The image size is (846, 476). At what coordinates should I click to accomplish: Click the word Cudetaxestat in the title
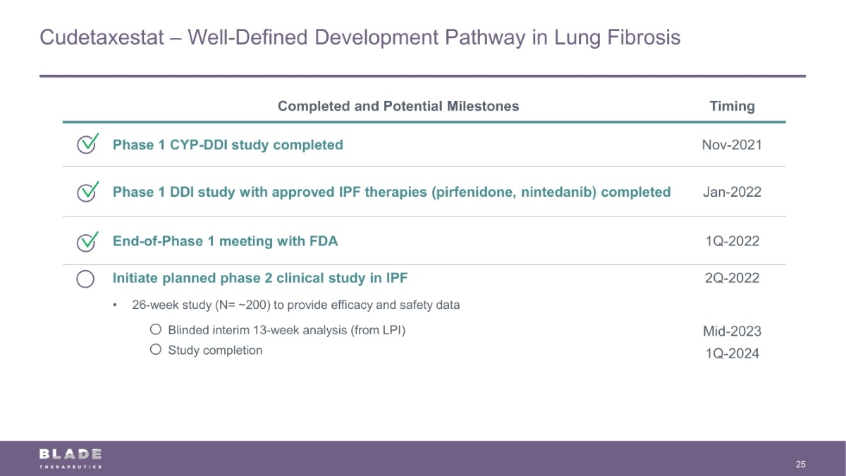coord(102,37)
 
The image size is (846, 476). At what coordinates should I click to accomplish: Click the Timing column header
coord(732,106)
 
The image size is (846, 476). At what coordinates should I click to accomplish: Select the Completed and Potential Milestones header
coord(398,106)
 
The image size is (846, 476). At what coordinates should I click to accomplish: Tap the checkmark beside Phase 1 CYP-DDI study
coord(87,144)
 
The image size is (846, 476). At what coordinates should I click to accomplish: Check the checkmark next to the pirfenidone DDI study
coord(87,192)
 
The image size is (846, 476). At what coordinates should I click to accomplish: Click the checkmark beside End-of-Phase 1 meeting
coord(87,241)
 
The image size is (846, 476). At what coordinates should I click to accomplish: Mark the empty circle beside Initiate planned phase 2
coord(85,279)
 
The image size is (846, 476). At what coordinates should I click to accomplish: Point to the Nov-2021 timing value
coord(732,145)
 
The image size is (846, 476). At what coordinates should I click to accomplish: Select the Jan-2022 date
coord(732,193)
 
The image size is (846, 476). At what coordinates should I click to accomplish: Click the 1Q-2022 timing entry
coord(732,241)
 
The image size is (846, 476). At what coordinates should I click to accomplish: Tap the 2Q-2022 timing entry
coord(732,278)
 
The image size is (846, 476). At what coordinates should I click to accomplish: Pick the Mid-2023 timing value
coord(732,331)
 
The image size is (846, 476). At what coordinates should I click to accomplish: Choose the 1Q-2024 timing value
coord(732,353)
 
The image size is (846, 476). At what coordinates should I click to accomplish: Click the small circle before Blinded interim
coord(156,329)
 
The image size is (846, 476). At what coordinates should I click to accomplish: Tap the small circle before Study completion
coord(156,349)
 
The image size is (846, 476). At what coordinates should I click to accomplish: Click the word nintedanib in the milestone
coord(558,193)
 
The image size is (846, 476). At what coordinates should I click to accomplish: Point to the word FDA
coord(324,241)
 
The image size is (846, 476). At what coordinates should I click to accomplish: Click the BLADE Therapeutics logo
coord(70,458)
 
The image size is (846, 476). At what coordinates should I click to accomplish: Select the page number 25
coord(801,464)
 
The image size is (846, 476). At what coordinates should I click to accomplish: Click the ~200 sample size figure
coord(252,305)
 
